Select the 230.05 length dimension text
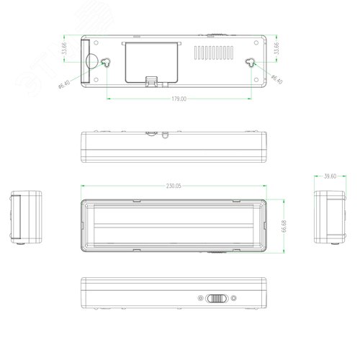[x=173, y=185]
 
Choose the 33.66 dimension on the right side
[x=279, y=50]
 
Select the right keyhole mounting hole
[x=250, y=63]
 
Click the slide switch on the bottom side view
[x=215, y=298]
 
